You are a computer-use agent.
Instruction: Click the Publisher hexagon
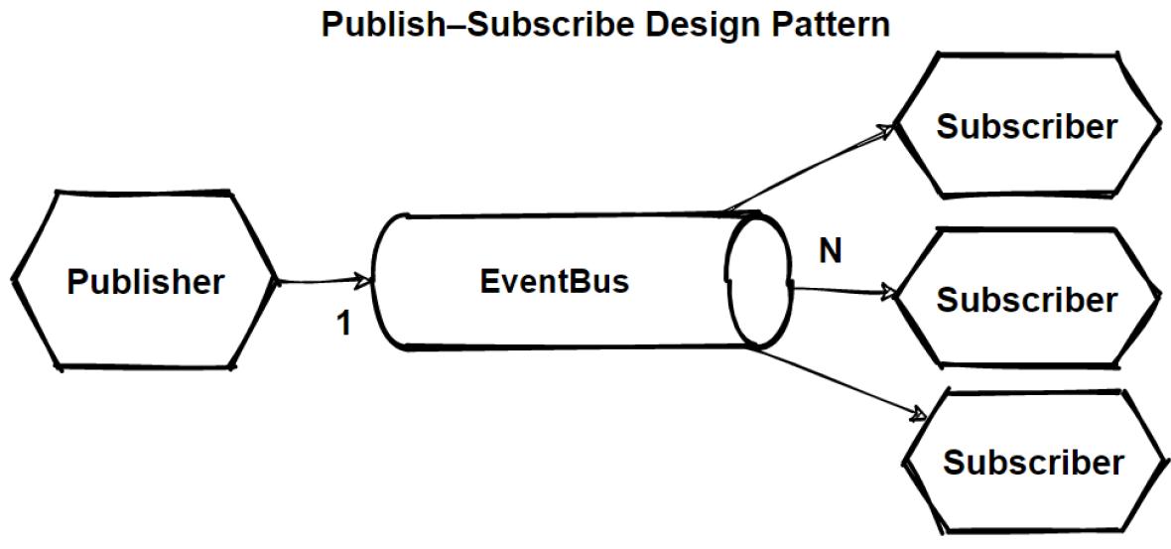[145, 282]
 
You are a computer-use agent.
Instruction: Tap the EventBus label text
[554, 282]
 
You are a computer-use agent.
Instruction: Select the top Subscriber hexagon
[1027, 126]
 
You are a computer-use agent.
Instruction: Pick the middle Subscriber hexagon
[1027, 299]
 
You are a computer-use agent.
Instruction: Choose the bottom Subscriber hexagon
[1033, 463]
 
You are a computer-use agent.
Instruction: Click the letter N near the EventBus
[830, 252]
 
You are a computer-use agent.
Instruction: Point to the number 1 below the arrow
[344, 324]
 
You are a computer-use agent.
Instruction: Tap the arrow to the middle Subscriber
[839, 291]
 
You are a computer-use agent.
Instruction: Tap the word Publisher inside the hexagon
[145, 282]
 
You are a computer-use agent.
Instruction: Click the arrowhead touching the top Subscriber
[886, 131]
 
